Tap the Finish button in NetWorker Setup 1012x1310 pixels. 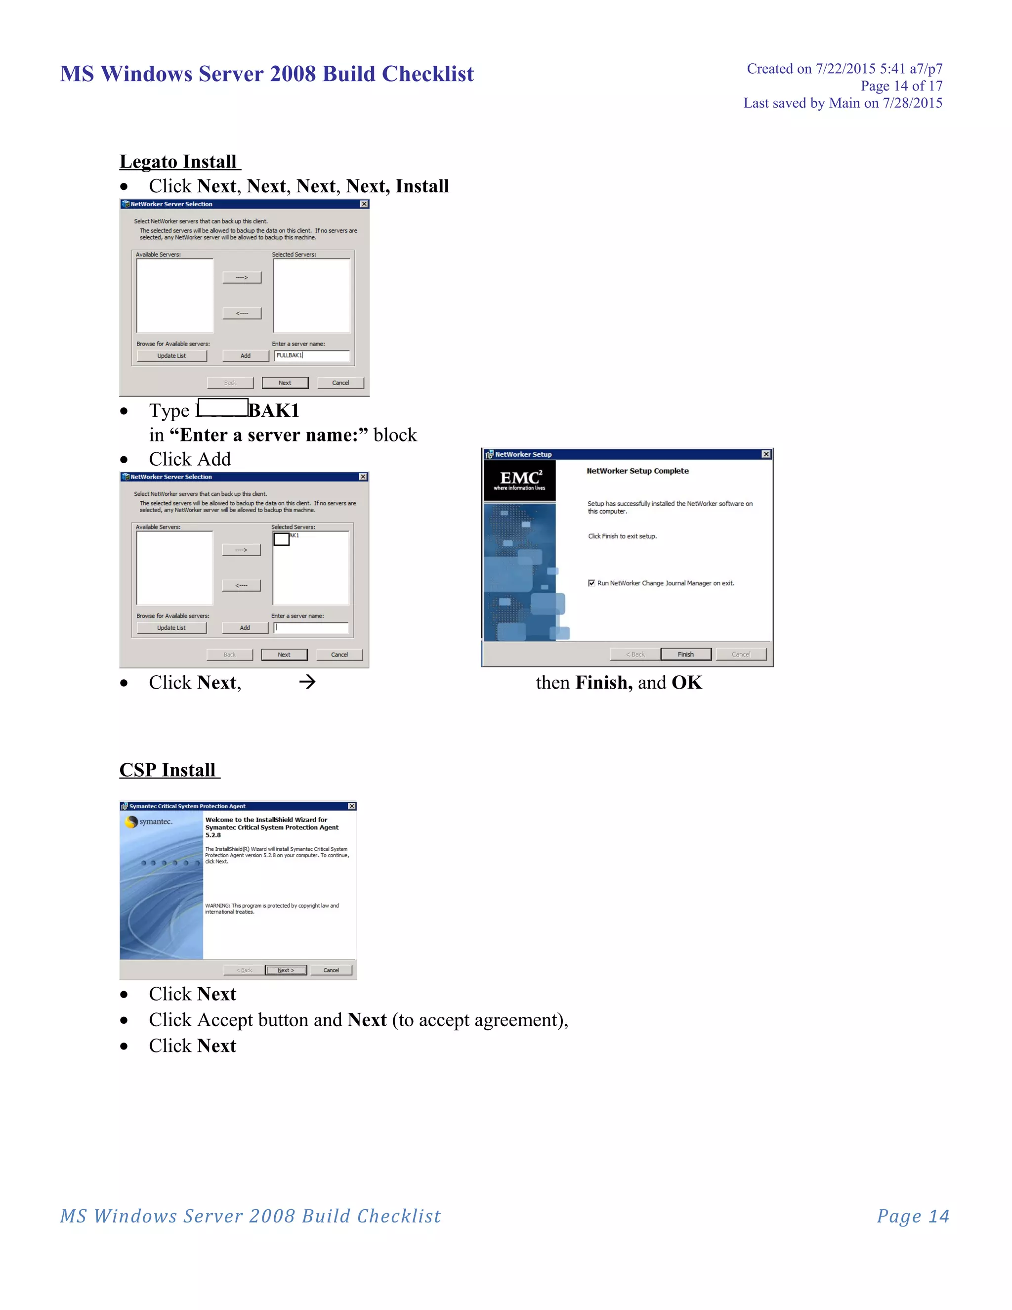685,655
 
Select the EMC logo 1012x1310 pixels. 520,480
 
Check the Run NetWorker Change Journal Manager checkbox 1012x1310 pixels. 591,583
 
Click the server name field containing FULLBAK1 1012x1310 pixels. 312,356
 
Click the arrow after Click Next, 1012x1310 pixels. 307,682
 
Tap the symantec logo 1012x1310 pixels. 150,822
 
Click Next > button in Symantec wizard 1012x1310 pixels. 286,970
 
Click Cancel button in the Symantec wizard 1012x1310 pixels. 331,970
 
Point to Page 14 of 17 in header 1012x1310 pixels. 901,87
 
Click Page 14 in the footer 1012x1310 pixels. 913,1216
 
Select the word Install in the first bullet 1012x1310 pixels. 422,186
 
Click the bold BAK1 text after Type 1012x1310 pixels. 274,411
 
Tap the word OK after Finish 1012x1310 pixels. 686,683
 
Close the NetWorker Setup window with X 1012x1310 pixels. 765,455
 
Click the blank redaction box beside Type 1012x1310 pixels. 223,408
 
